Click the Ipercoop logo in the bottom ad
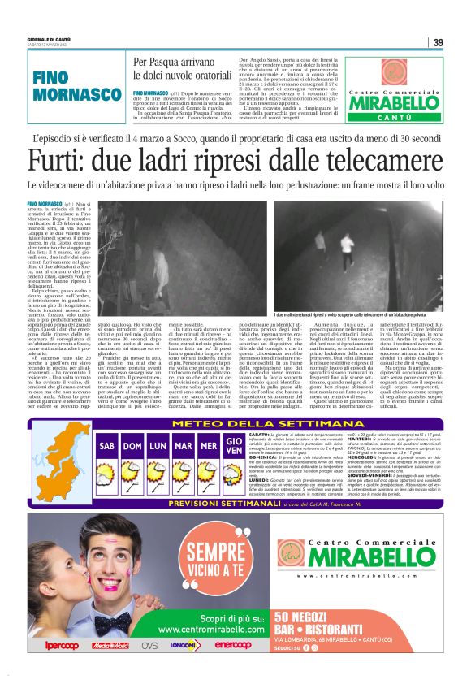click(x=62, y=646)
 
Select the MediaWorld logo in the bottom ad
click(x=110, y=646)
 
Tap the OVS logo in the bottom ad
click(x=149, y=646)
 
